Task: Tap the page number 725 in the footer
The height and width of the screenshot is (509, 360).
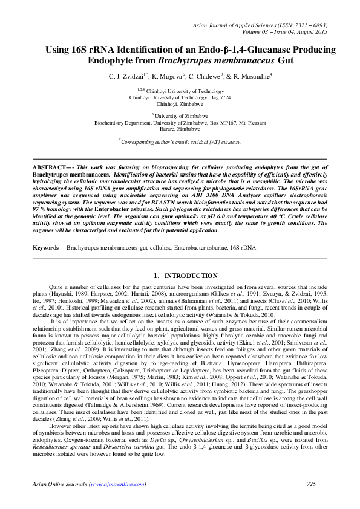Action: [312, 484]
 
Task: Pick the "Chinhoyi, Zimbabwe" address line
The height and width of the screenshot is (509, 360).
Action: [180, 103]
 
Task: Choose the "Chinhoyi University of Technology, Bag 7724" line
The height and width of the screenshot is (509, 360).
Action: [180, 97]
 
